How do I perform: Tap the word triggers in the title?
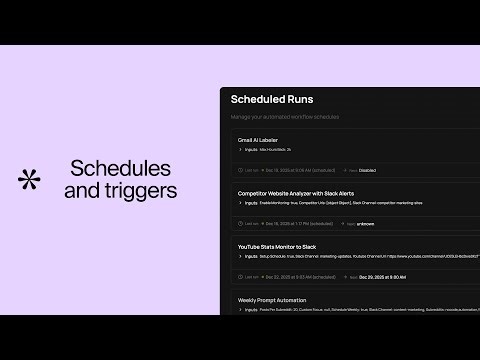tap(144, 189)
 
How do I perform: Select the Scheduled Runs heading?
tap(272, 99)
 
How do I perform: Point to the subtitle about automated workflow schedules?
tap(284, 117)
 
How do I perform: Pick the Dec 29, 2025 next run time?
tap(382, 276)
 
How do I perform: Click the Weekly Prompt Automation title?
tap(272, 299)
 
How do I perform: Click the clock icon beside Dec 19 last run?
tap(240, 170)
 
